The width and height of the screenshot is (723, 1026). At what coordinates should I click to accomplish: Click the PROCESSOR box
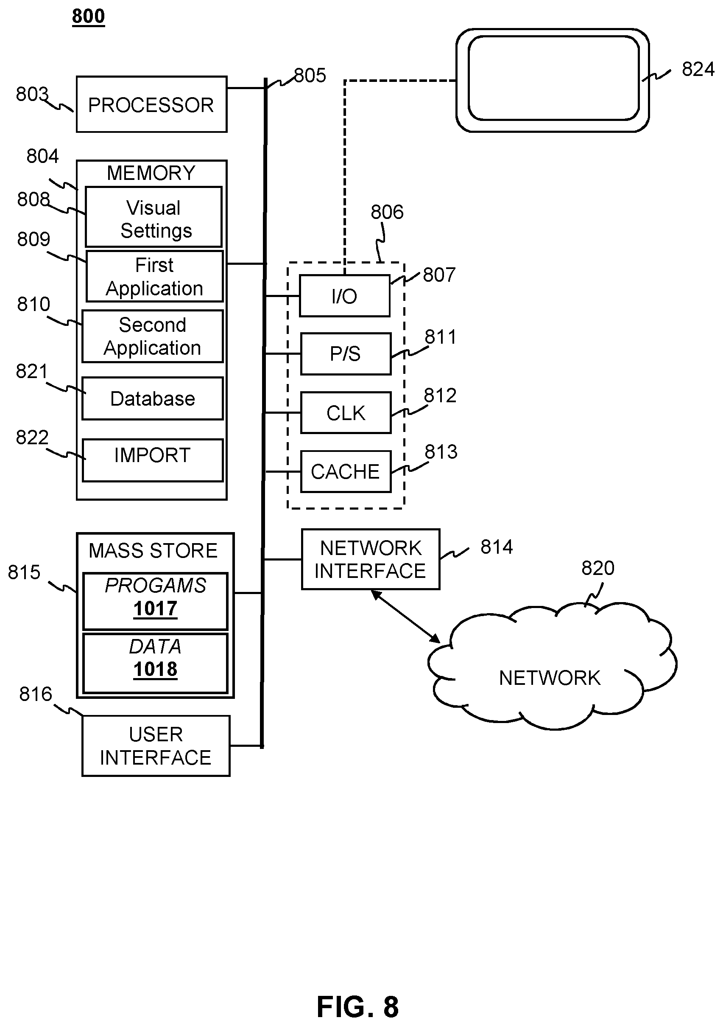click(152, 104)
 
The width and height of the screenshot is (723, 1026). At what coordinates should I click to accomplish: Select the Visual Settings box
click(154, 217)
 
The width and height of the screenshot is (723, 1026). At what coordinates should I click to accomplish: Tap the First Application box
click(154, 276)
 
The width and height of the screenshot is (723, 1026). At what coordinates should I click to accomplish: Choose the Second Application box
click(153, 336)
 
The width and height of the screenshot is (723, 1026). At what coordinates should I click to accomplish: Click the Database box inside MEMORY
click(153, 398)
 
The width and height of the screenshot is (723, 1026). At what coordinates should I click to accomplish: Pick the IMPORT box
click(153, 460)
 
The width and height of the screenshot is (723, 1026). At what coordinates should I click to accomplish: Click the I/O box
click(344, 296)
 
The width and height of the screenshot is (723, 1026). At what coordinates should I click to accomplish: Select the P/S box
click(346, 353)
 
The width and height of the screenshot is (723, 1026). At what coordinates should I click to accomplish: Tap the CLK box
click(346, 412)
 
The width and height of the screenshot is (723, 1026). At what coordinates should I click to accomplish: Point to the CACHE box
click(346, 471)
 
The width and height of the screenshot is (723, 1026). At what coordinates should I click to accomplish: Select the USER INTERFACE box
click(156, 746)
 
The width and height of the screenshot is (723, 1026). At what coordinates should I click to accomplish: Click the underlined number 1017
click(155, 608)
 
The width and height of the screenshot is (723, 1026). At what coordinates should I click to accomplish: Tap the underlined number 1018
click(155, 670)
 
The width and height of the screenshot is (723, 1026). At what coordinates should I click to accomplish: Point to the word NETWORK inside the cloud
click(550, 678)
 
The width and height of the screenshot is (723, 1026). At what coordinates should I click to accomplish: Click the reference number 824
click(698, 69)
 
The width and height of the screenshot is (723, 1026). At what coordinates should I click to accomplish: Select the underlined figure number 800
click(89, 17)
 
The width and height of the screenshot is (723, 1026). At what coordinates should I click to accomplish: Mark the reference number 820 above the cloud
click(598, 568)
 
